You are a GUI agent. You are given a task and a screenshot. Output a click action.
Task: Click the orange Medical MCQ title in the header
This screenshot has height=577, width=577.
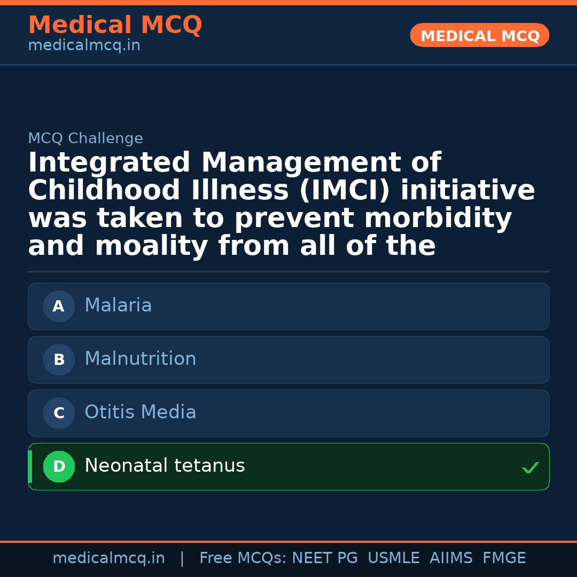tap(115, 25)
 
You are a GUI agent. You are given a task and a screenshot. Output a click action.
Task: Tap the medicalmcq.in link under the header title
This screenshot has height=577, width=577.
tap(84, 46)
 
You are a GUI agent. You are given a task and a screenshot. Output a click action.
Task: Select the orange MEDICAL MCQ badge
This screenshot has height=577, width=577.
tap(480, 36)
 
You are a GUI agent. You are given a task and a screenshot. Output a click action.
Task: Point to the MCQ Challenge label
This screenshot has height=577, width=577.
tap(85, 139)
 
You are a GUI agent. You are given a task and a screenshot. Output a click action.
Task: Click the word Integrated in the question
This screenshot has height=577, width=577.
tap(109, 163)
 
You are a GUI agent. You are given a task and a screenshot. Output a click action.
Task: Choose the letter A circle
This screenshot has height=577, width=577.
tap(59, 307)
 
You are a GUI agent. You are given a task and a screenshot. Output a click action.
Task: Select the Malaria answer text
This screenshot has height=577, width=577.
tap(118, 306)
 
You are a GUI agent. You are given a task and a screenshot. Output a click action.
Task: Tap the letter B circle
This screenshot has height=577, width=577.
tap(59, 360)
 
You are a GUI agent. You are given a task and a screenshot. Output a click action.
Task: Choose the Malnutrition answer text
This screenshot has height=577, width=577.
tap(141, 359)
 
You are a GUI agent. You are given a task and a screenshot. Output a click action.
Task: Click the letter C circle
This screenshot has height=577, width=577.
tap(59, 414)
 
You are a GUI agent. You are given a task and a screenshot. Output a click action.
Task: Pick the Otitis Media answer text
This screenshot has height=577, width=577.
tap(141, 412)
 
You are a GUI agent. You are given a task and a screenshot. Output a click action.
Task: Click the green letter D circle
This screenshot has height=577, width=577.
tap(59, 467)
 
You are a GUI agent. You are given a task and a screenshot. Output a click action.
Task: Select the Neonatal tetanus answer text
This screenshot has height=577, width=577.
tap(165, 466)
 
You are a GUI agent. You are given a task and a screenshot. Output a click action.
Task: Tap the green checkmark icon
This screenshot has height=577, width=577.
tap(531, 468)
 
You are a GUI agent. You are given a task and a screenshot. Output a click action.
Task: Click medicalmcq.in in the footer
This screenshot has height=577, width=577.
tap(108, 558)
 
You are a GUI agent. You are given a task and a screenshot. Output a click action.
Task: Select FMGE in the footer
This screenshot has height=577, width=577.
tap(504, 558)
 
